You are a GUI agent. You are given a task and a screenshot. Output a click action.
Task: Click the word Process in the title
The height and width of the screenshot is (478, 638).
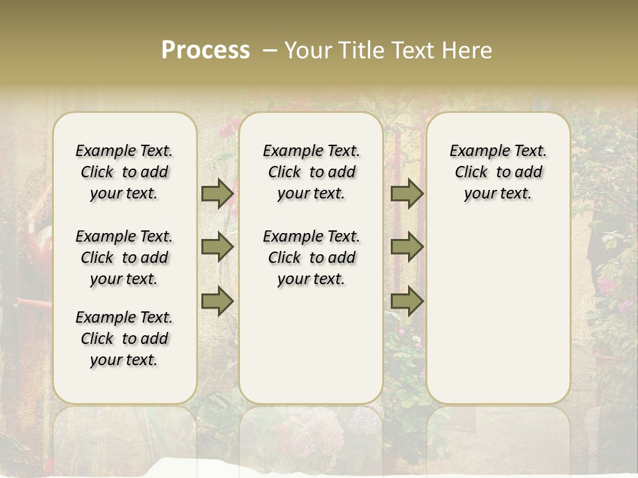point(205,50)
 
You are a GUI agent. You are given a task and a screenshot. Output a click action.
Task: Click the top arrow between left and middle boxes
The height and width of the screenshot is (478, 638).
point(217,194)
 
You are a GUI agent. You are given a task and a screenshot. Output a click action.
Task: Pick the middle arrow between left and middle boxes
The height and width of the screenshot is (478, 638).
point(217,247)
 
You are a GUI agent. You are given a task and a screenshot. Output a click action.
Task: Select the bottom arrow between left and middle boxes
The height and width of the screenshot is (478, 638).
point(217,301)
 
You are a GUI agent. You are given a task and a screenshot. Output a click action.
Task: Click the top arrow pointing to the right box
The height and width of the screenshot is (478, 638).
point(407,194)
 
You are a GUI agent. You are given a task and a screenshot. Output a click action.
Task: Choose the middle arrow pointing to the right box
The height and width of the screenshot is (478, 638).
point(407,247)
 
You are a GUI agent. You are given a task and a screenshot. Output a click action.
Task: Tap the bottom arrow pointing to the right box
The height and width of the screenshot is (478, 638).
point(407,301)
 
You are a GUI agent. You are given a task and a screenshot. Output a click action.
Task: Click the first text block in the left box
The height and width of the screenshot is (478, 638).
point(124,172)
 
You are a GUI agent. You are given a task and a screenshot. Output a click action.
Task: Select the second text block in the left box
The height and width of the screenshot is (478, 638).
point(124,258)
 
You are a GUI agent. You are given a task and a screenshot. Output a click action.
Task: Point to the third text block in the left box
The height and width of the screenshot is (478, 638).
point(124,339)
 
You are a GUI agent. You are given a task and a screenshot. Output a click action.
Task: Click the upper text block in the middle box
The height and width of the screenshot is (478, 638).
point(311,172)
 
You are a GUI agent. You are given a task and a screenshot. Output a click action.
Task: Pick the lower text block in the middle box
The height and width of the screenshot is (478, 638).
point(311,258)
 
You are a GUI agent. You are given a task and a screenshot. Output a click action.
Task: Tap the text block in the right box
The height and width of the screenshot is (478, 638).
point(498,172)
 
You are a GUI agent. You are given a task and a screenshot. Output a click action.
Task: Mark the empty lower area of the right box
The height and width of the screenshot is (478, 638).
point(498,305)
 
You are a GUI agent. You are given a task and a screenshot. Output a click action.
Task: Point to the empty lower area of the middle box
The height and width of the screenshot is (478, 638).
point(311,345)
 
